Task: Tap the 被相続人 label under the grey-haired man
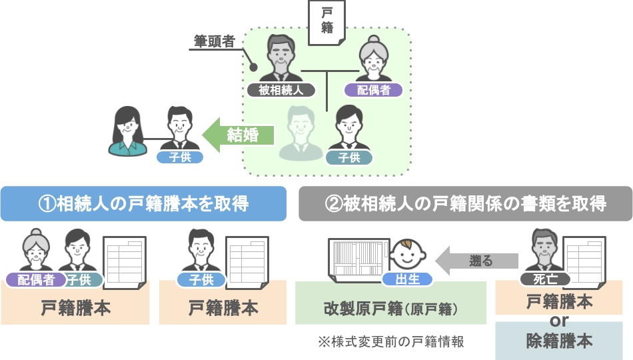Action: pos(281,90)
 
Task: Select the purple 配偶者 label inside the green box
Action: pos(374,90)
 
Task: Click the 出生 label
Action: pos(408,279)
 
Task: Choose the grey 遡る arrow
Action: pos(478,261)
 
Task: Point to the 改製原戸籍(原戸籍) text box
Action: pos(390,309)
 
